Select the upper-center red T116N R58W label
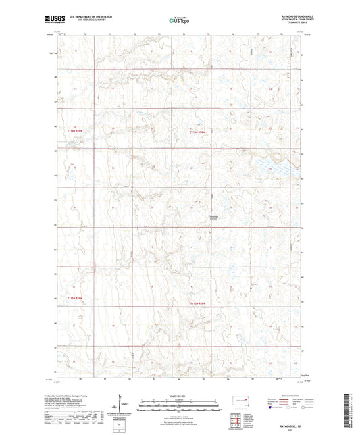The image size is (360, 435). (197, 132)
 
